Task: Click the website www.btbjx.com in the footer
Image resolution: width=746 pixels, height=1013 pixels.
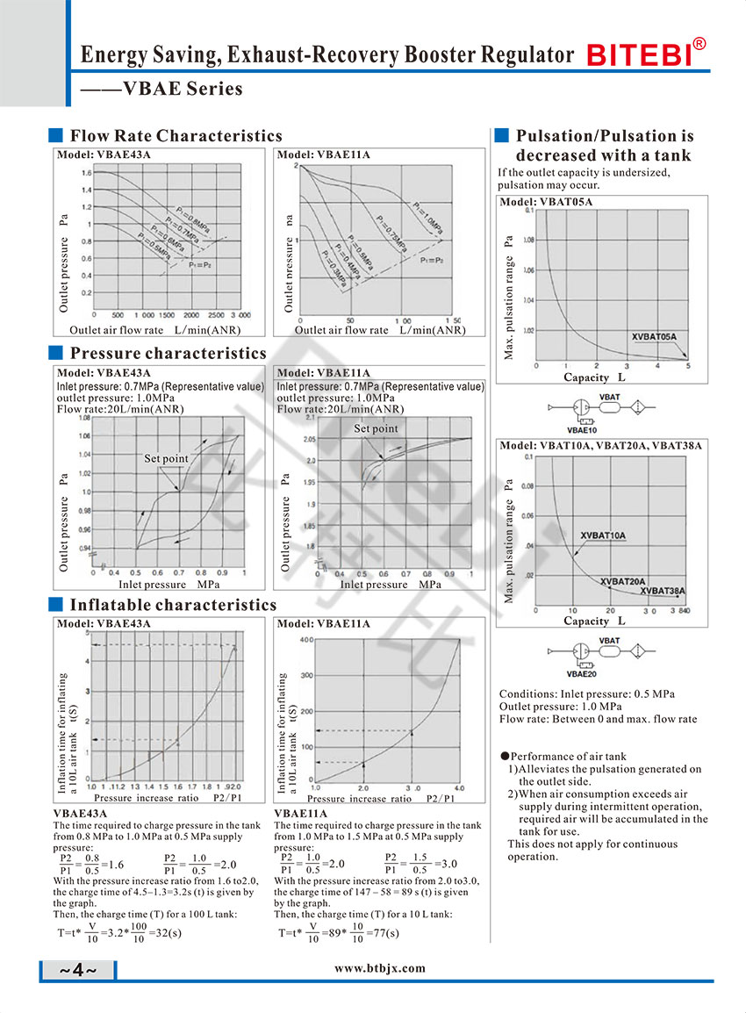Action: [x=380, y=968]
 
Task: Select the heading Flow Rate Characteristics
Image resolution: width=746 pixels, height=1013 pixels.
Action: [x=176, y=135]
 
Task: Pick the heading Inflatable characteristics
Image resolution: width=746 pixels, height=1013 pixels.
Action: [x=173, y=605]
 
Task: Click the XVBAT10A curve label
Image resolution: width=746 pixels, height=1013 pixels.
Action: [x=603, y=535]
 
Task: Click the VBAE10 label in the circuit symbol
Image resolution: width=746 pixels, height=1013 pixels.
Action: [x=581, y=430]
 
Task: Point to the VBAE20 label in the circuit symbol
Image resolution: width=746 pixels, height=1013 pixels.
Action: [x=581, y=674]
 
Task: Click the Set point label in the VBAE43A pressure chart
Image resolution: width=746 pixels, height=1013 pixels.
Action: [x=166, y=459]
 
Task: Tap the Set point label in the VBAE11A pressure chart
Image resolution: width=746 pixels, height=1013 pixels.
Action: [x=376, y=429]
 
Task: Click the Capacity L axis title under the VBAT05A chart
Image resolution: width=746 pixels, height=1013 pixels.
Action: [x=594, y=377]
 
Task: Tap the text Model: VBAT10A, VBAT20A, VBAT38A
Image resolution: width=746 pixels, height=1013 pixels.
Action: [x=601, y=446]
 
